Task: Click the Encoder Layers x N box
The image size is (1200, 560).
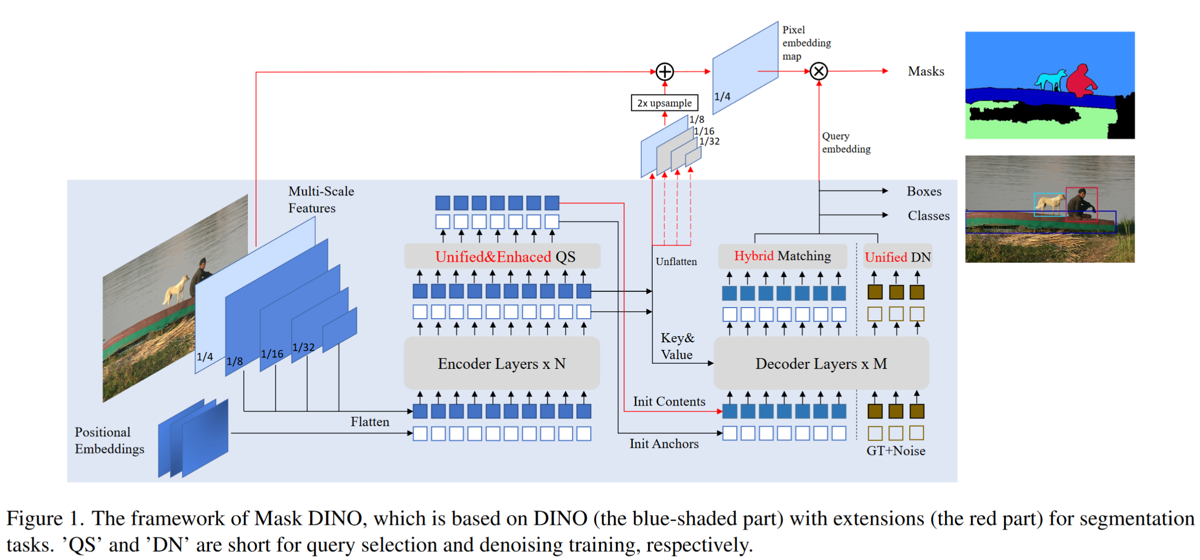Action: [x=501, y=363]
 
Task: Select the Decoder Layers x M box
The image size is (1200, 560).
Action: [x=821, y=363]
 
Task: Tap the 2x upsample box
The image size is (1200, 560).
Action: [x=664, y=103]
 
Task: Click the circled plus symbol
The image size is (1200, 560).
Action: [x=665, y=72]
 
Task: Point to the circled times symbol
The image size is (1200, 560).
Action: [x=819, y=71]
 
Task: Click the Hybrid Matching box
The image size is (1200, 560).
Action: [x=782, y=256]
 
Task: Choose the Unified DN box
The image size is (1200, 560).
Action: [x=897, y=257]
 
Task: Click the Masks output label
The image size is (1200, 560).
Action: [x=926, y=72]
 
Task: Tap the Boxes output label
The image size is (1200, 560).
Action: [x=924, y=191]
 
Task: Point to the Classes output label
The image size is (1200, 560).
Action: [x=928, y=216]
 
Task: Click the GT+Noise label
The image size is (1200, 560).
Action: [x=895, y=451]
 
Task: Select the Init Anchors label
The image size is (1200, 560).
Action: [x=663, y=444]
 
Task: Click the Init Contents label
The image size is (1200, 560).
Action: [x=669, y=402]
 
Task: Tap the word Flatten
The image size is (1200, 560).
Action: [x=370, y=422]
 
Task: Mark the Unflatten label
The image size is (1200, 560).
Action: [x=676, y=262]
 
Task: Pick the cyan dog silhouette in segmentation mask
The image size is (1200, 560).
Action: [x=1050, y=80]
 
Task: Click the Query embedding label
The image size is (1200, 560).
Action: [x=846, y=143]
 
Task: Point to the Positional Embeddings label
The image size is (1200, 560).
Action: [x=109, y=440]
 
